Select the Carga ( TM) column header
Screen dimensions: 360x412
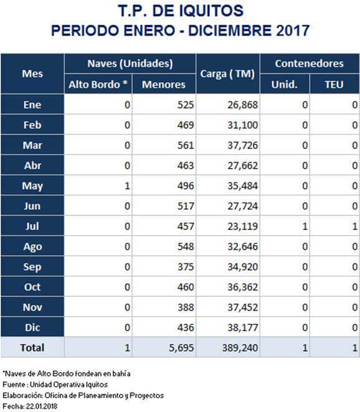tap(227, 74)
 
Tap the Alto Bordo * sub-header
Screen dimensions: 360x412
tap(98, 85)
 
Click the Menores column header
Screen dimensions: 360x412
tap(164, 85)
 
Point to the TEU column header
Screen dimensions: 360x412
tap(334, 85)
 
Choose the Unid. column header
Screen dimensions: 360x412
tap(284, 85)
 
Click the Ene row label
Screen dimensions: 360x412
tap(32, 105)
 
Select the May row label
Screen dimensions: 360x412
tap(32, 186)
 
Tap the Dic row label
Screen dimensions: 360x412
tap(32, 327)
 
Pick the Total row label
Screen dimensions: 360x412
tap(32, 348)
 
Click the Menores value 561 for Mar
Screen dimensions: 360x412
tap(186, 145)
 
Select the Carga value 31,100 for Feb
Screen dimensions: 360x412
tap(242, 125)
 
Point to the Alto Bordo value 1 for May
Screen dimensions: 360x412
tap(127, 186)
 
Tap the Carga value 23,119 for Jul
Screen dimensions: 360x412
tap(242, 227)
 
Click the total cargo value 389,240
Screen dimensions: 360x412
tap(240, 348)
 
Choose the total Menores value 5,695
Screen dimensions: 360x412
tap(181, 348)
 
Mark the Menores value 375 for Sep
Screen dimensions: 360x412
tap(186, 267)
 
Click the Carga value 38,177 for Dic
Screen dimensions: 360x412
tap(242, 327)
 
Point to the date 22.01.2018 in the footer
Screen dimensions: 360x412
tap(41, 406)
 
